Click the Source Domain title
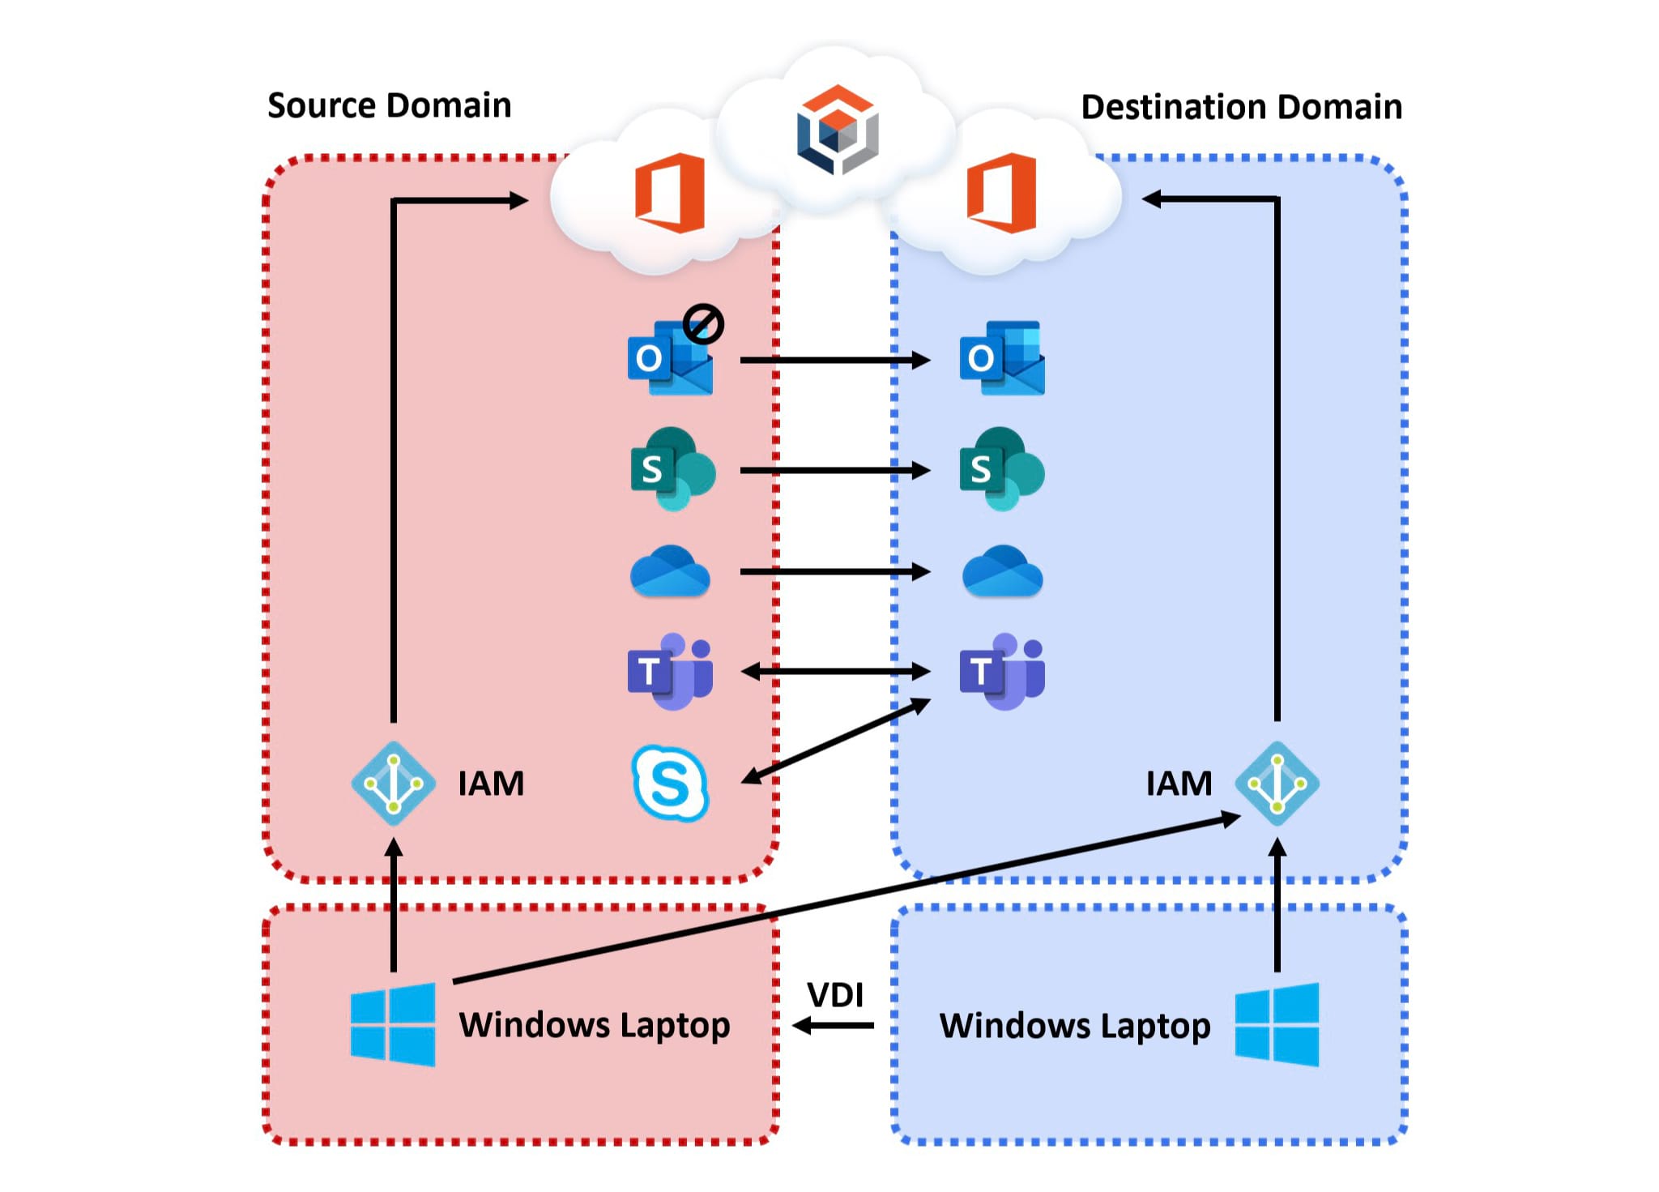[389, 105]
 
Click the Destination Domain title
[1241, 107]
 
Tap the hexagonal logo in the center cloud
[838, 130]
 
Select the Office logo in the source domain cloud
[671, 193]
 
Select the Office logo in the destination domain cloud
[1002, 193]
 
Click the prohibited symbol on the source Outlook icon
[702, 324]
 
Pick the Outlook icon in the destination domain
[1002, 358]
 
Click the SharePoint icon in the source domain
[672, 469]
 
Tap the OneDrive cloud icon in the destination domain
[1002, 571]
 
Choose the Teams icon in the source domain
[671, 672]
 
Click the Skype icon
[670, 784]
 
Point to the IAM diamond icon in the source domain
[394, 784]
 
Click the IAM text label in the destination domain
[1179, 784]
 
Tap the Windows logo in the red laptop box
[393, 1024]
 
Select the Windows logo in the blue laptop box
[1277, 1024]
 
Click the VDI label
[835, 995]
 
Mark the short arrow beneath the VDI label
[834, 1026]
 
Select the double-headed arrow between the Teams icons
[835, 671]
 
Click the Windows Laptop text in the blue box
[1075, 1026]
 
